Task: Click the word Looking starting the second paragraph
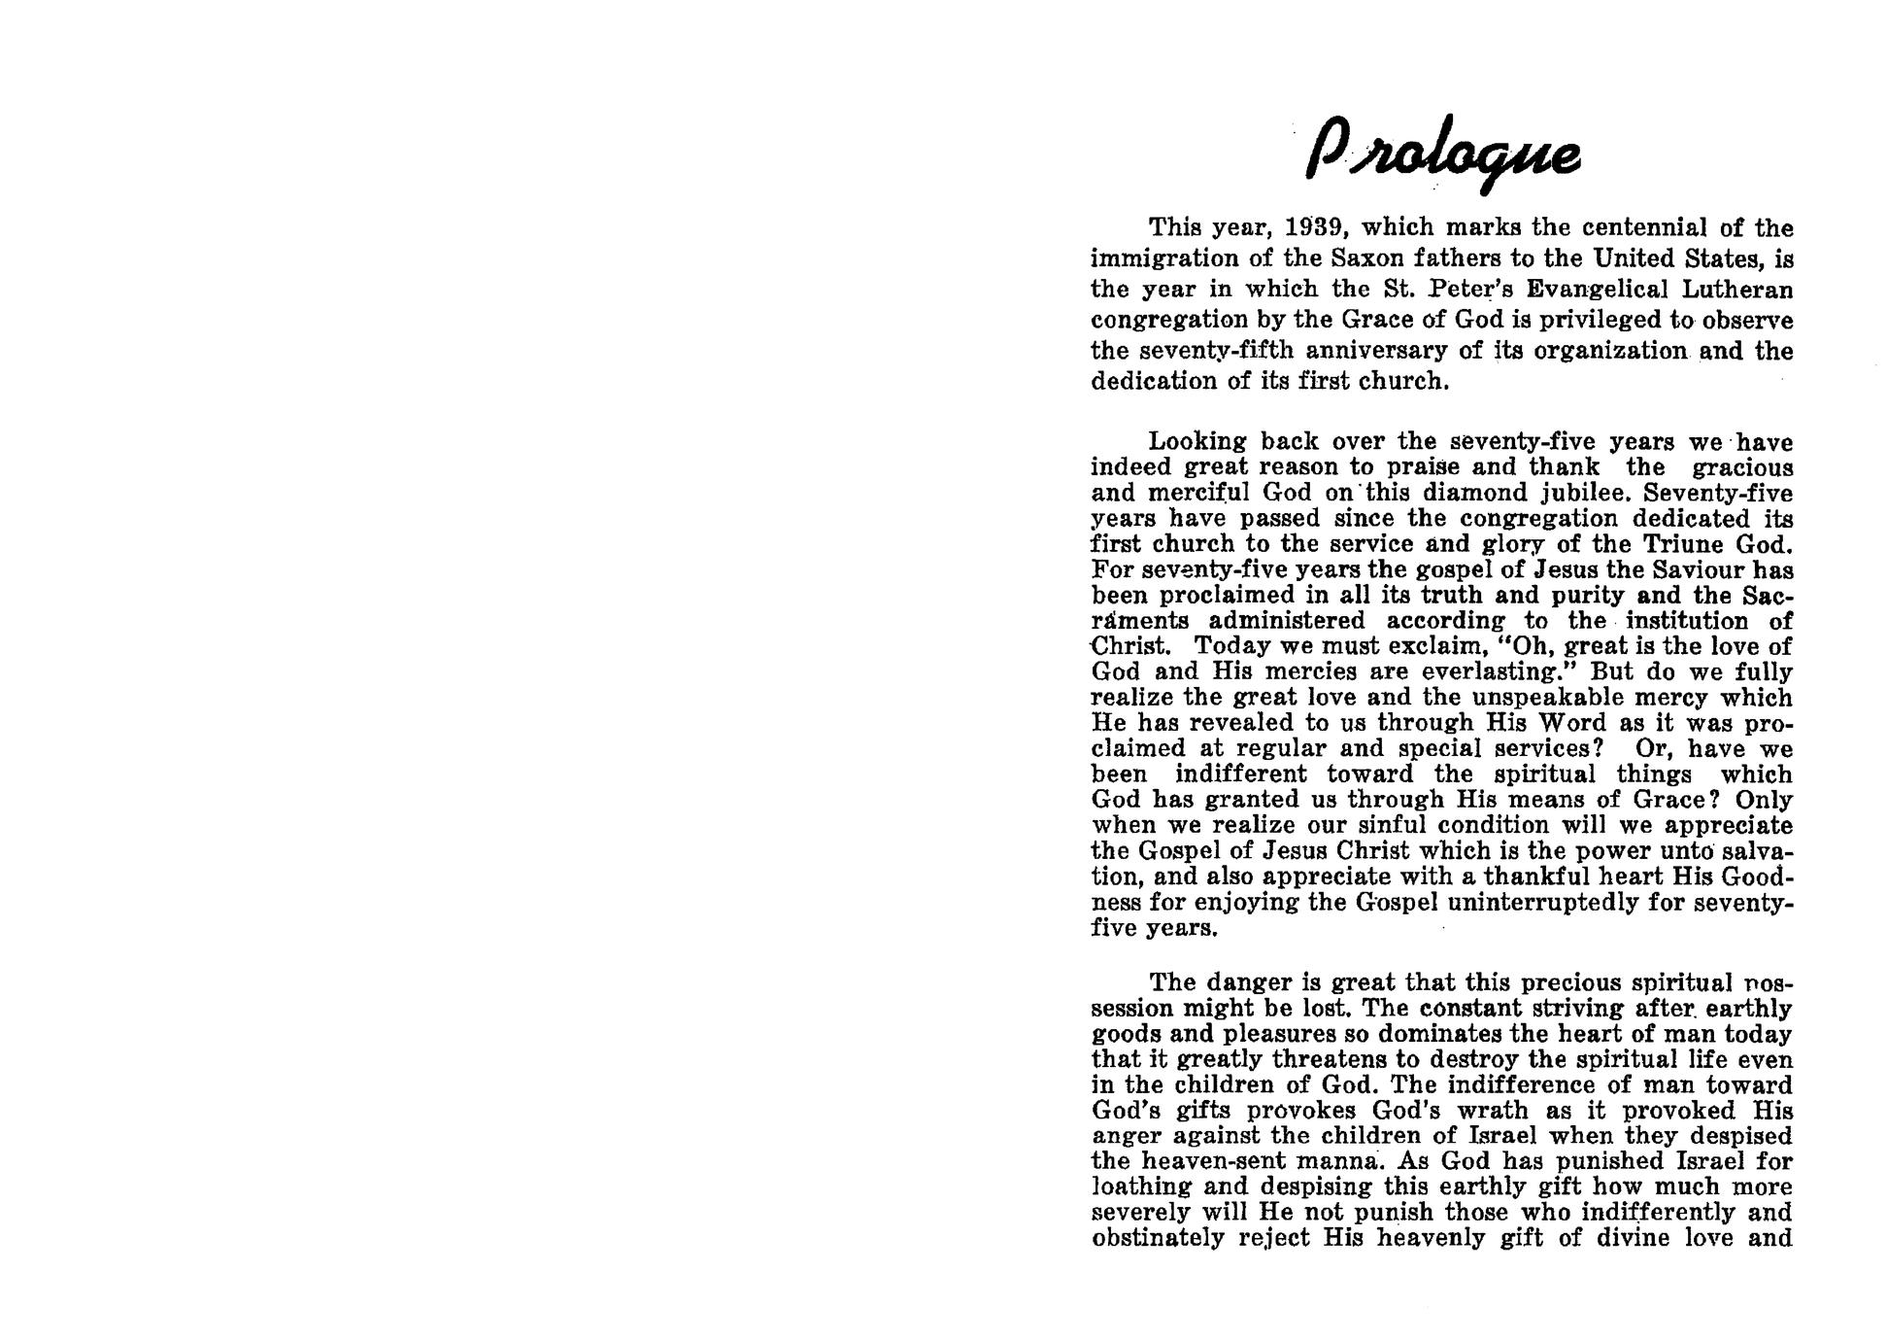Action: pyautogui.click(x=1197, y=442)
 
